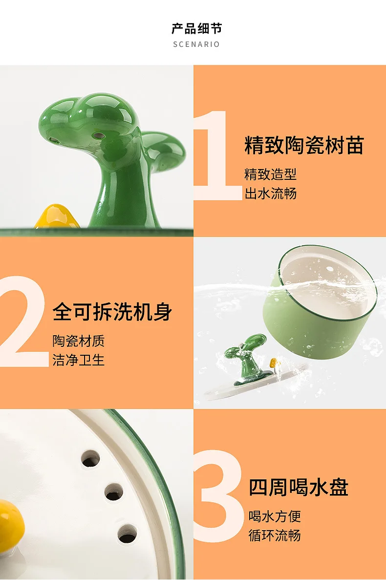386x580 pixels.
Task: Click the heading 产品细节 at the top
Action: pos(196,28)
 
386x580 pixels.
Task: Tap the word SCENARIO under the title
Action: pos(196,44)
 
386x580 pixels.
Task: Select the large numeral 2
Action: pos(23,321)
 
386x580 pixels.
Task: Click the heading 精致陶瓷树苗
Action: pos(304,145)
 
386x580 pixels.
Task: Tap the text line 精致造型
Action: pos(270,174)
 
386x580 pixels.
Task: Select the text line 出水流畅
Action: pos(270,193)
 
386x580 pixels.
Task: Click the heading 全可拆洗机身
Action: pos(112,311)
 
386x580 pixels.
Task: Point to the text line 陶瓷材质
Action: pos(78,341)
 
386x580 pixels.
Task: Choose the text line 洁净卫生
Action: pos(78,360)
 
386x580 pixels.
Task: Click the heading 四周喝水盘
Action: pos(299,487)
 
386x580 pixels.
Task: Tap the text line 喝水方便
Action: pos(274,516)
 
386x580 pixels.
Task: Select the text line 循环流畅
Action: pos(274,535)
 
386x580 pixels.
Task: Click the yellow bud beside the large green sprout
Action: pos(57,217)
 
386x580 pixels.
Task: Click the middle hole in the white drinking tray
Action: pos(114,492)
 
